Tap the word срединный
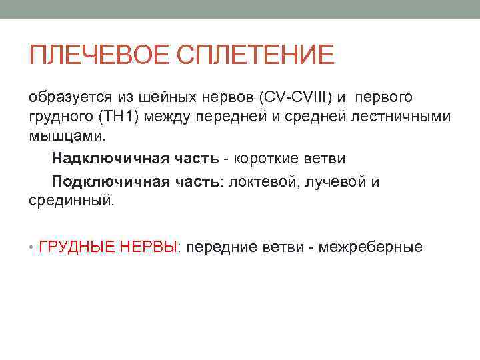[71, 200]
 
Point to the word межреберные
[371, 247]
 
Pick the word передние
[221, 247]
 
